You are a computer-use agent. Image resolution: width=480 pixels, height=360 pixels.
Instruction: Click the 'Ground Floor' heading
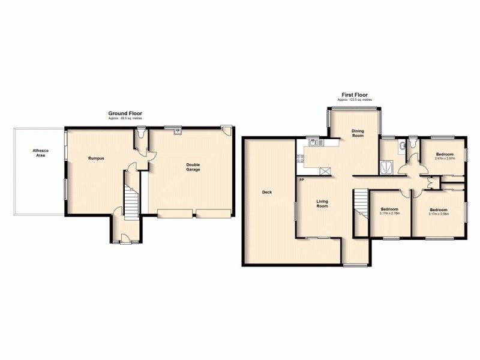[x=125, y=113]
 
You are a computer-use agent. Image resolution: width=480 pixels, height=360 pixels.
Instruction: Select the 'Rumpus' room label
[x=96, y=158]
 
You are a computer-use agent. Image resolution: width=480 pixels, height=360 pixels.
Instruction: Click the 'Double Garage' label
[x=193, y=167]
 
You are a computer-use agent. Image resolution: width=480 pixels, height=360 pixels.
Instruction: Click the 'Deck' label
[x=267, y=193]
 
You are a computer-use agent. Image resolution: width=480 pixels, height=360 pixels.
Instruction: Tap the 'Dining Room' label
[x=358, y=133]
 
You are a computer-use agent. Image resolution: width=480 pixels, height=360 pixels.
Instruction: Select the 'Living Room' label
[x=322, y=204]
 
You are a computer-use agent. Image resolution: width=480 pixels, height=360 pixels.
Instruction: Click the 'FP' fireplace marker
[x=301, y=180]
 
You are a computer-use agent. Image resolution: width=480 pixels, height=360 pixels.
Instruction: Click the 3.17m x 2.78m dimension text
[x=390, y=213]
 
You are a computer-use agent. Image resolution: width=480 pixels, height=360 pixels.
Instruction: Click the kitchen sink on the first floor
[x=313, y=143]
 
